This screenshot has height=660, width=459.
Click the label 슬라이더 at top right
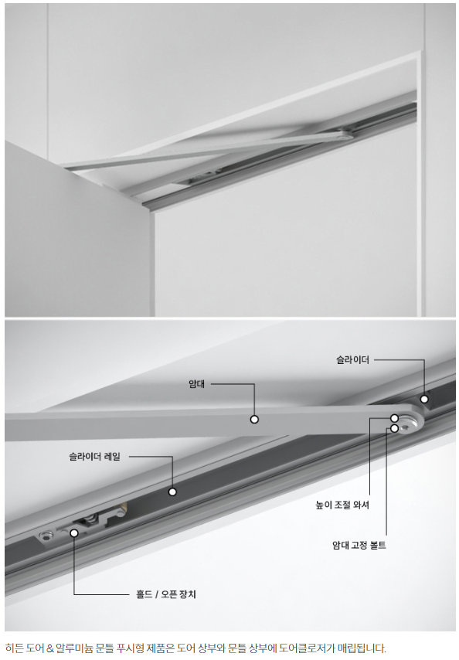(x=352, y=360)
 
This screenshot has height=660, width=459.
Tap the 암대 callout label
(x=196, y=384)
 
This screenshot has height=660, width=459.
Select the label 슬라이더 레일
(x=95, y=456)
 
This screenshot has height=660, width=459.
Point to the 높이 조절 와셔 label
(x=342, y=505)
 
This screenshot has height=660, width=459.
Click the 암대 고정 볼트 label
(x=359, y=545)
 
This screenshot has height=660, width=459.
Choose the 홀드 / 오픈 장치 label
(x=166, y=594)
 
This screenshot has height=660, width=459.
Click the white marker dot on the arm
(x=254, y=419)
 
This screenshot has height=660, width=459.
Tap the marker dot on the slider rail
(x=172, y=492)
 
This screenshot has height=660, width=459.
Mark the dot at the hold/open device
(x=74, y=533)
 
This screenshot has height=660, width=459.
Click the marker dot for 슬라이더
(x=424, y=399)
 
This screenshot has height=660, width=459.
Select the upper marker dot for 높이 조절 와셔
(x=394, y=418)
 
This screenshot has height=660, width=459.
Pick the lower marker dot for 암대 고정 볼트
(x=394, y=428)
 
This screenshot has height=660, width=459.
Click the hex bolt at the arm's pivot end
(x=406, y=427)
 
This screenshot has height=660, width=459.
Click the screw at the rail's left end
(x=46, y=535)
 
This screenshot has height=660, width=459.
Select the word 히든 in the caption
(x=14, y=648)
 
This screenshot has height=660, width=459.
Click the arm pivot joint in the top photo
(x=345, y=135)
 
